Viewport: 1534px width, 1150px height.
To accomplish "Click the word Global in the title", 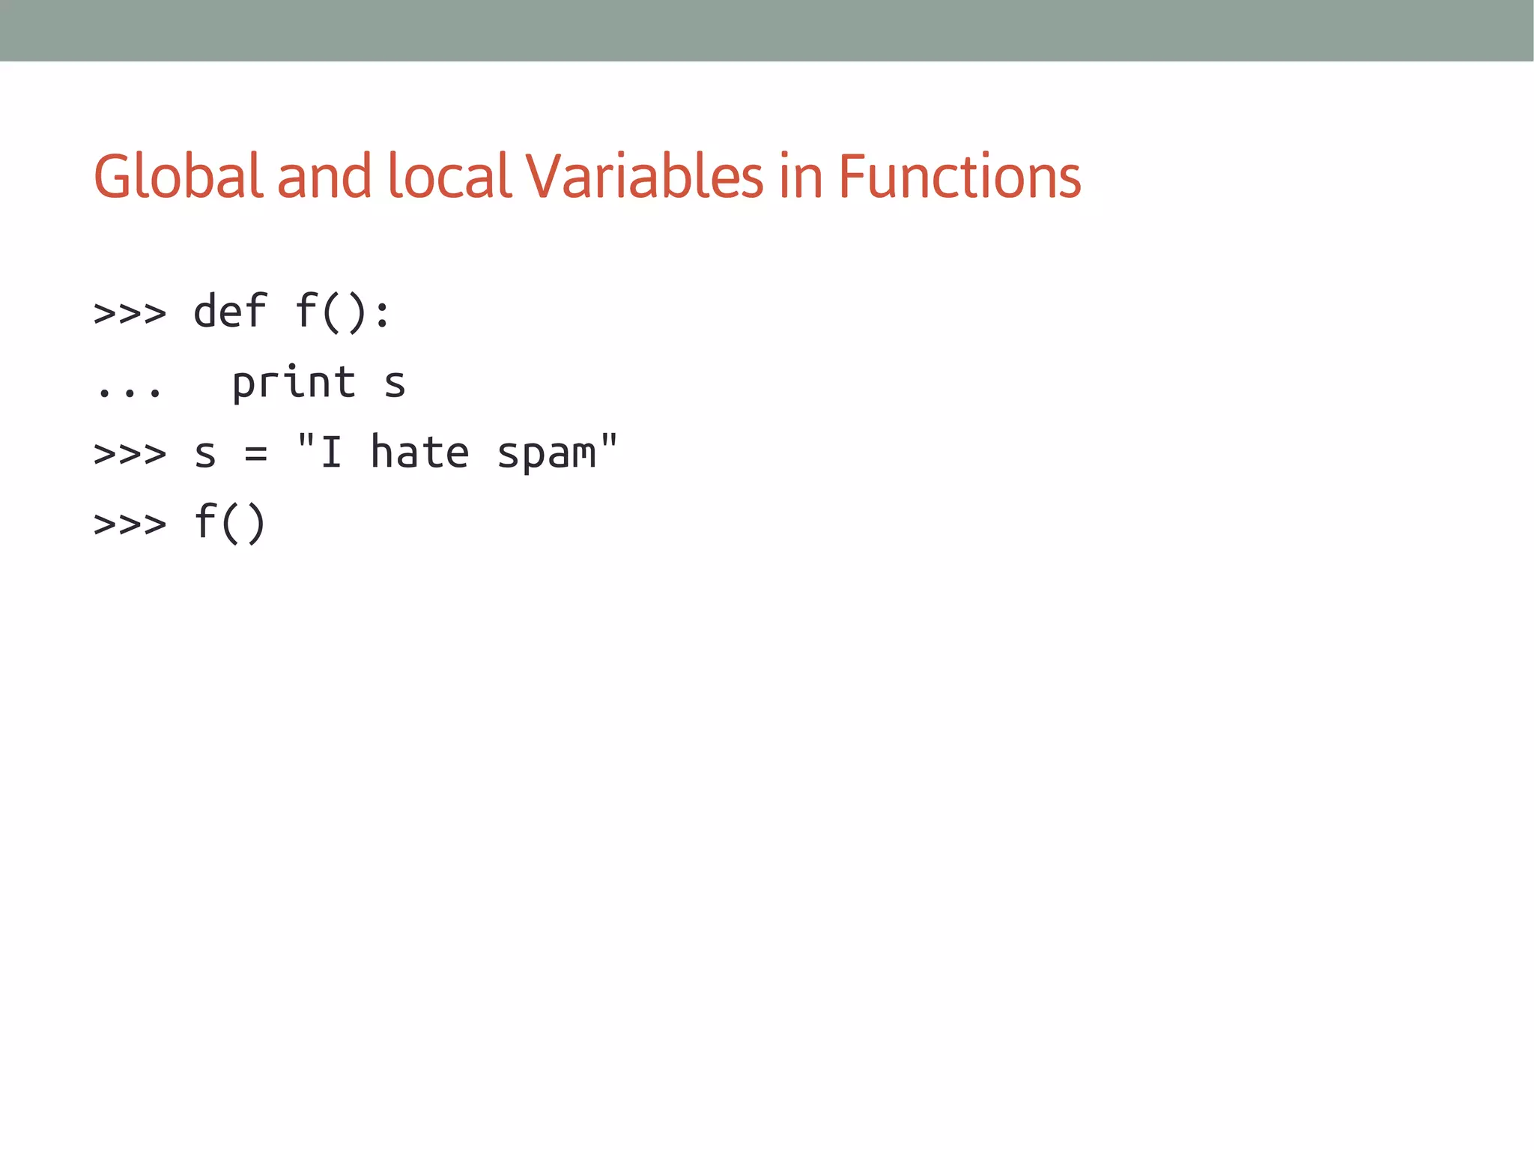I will [178, 177].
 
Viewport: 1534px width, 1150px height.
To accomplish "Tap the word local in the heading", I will [449, 177].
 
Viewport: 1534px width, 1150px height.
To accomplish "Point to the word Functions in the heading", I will [959, 177].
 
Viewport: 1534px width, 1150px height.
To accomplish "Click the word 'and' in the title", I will [324, 177].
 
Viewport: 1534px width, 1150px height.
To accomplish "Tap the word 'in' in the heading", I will [800, 177].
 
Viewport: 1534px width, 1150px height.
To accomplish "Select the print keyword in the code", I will [294, 382].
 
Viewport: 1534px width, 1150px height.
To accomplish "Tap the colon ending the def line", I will [382, 313].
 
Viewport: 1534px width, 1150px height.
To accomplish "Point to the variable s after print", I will [395, 384].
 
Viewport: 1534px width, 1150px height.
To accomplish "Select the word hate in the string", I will [420, 453].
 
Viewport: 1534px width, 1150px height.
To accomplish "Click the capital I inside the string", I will [331, 453].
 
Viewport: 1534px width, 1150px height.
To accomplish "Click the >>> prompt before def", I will [130, 313].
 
